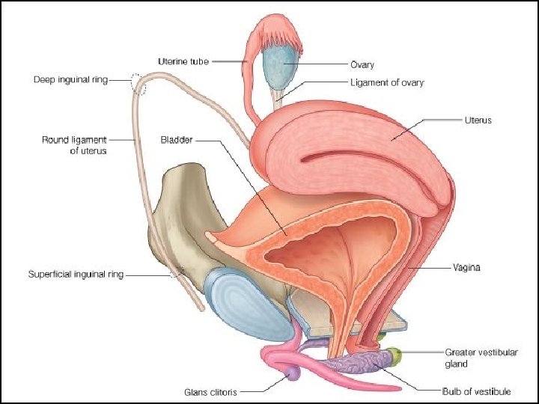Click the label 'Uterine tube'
click(184, 61)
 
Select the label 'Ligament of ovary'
click(386, 83)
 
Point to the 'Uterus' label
click(477, 120)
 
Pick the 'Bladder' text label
click(177, 139)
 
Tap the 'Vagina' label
click(466, 267)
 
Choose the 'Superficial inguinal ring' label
click(76, 275)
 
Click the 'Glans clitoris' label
click(213, 391)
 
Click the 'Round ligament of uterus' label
click(75, 144)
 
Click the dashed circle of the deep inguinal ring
click(138, 83)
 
